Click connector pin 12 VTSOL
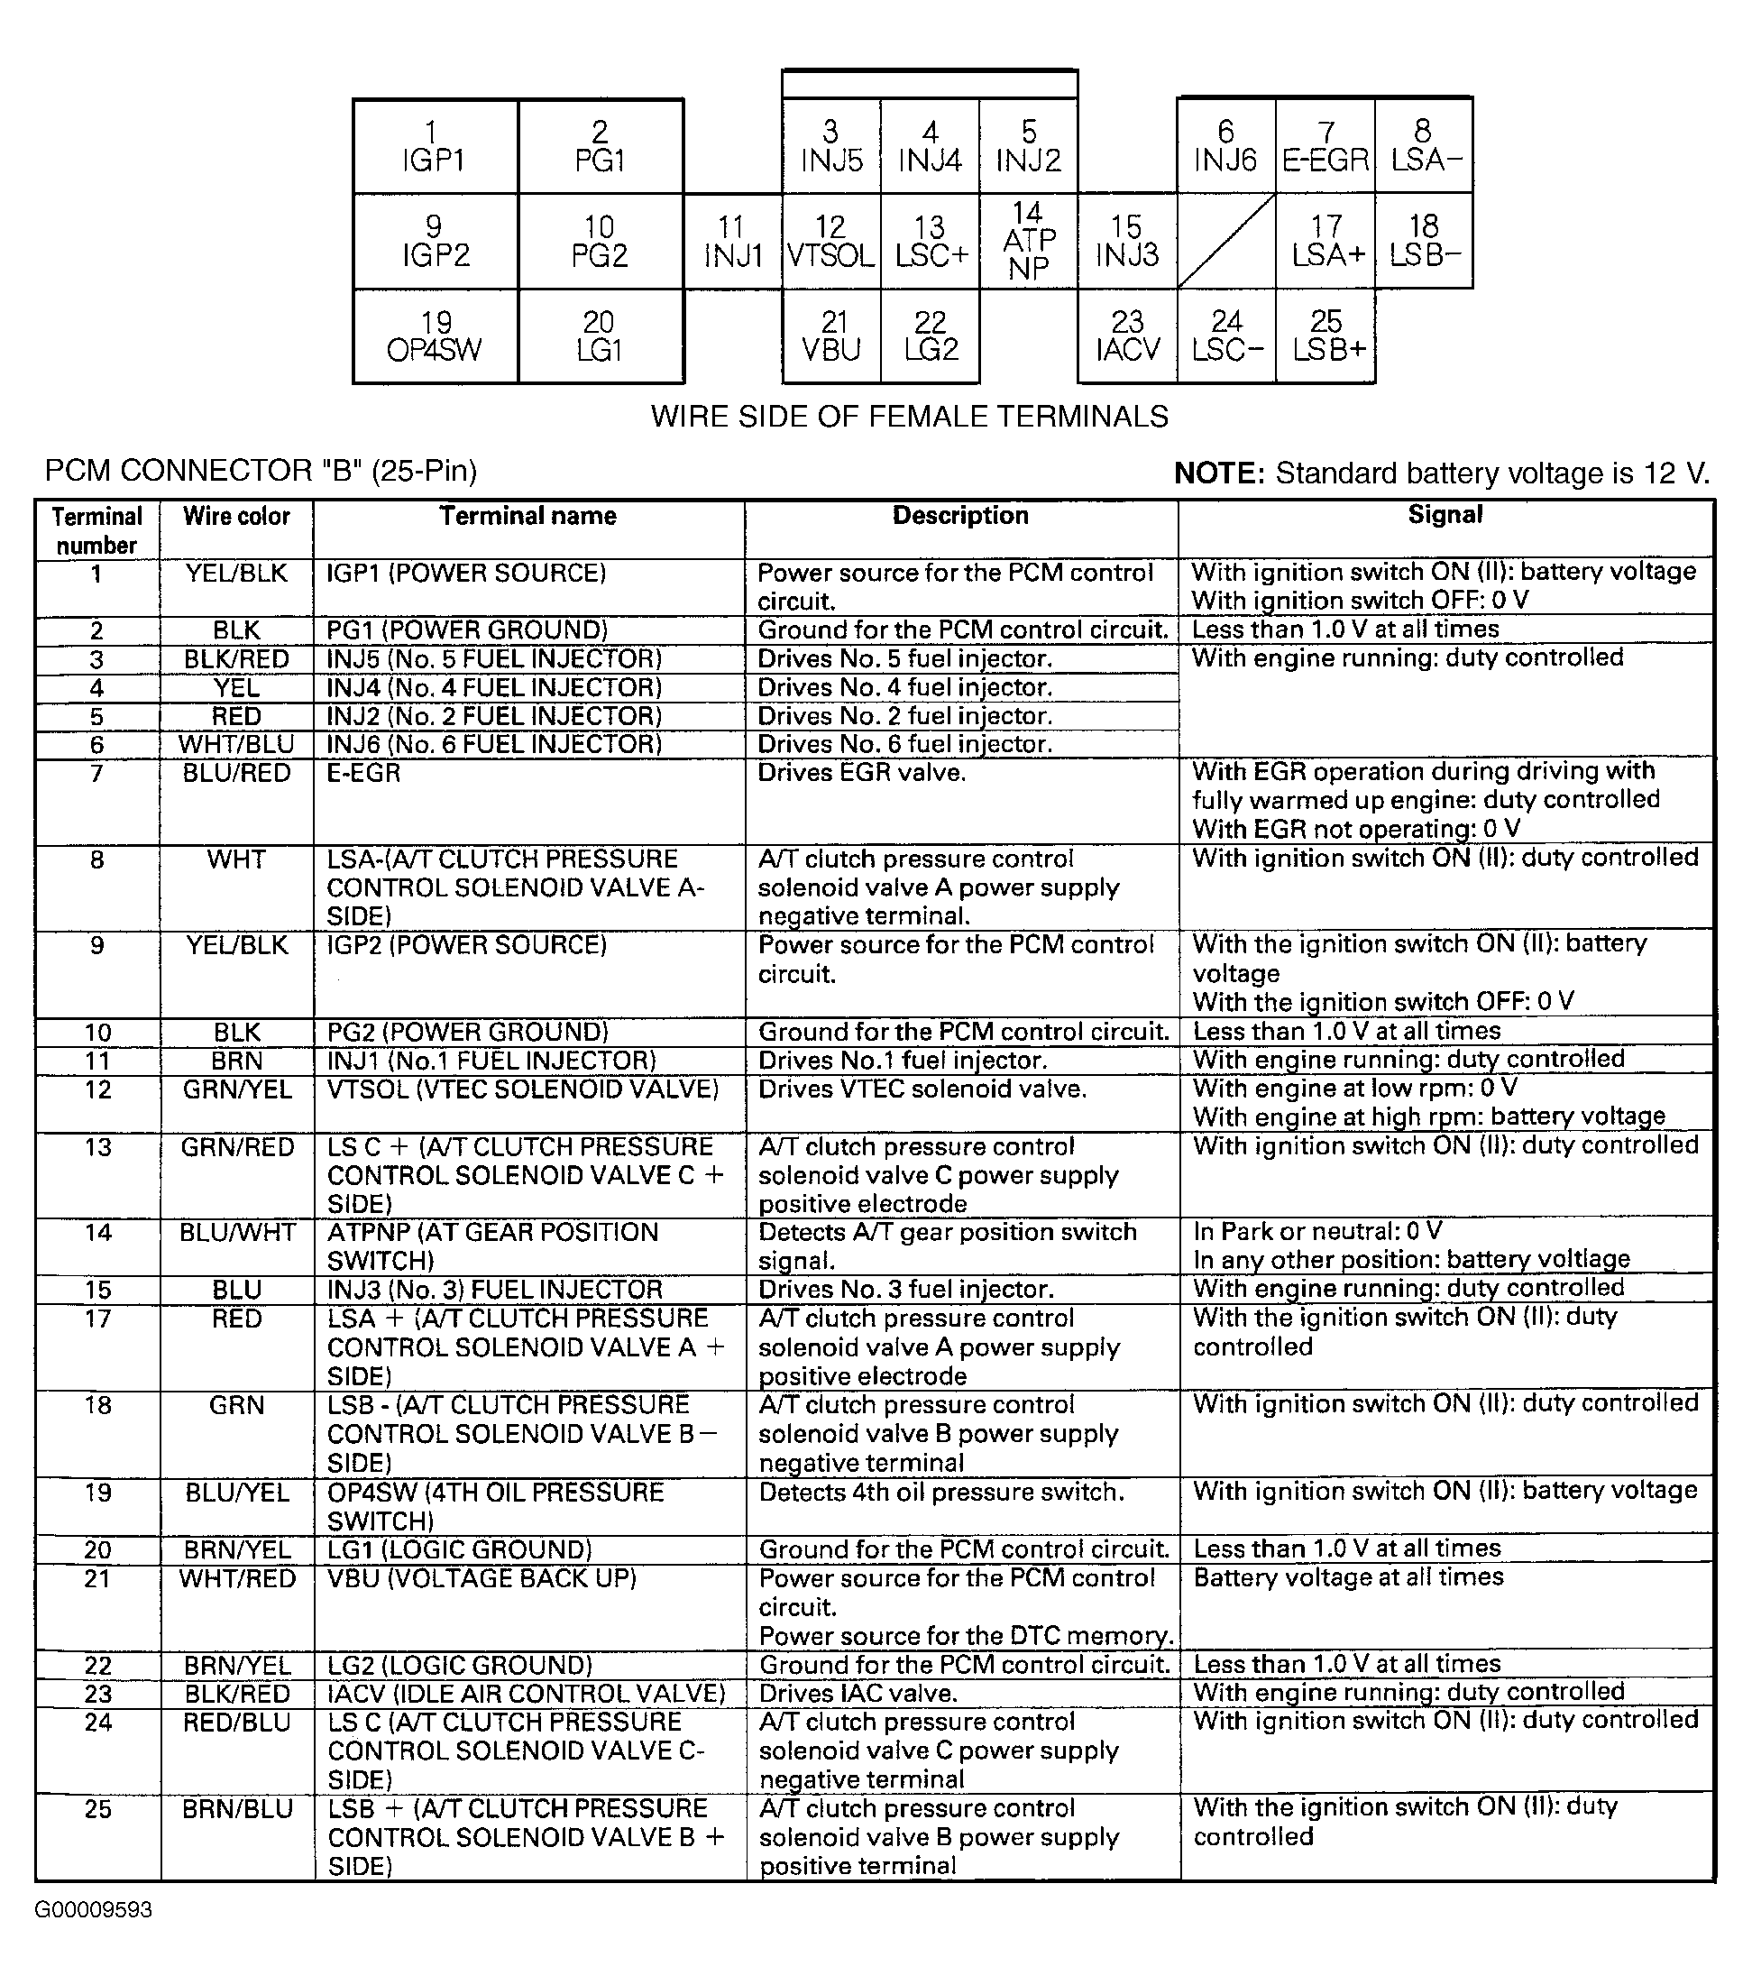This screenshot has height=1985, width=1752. [831, 241]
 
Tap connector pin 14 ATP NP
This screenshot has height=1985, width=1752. [1029, 241]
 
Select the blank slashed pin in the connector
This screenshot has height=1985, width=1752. [1225, 241]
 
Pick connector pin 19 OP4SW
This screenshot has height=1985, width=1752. [436, 336]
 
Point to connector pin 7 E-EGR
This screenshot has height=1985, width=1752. [1325, 146]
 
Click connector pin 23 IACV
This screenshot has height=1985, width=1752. [1127, 336]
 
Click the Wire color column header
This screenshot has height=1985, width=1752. [236, 517]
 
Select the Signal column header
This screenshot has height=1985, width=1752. [1445, 515]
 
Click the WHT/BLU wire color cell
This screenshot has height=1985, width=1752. [236, 745]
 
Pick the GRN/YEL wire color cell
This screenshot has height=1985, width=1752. [237, 1089]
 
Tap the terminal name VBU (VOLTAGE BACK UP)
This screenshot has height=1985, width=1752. [482, 1579]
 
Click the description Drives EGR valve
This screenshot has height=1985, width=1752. [861, 773]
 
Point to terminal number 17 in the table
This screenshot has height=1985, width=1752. [97, 1319]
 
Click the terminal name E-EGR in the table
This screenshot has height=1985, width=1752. [363, 773]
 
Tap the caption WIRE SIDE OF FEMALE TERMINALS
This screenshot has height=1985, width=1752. [909, 417]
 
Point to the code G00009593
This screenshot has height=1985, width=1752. [93, 1910]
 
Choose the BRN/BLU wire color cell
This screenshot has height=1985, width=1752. [237, 1809]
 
